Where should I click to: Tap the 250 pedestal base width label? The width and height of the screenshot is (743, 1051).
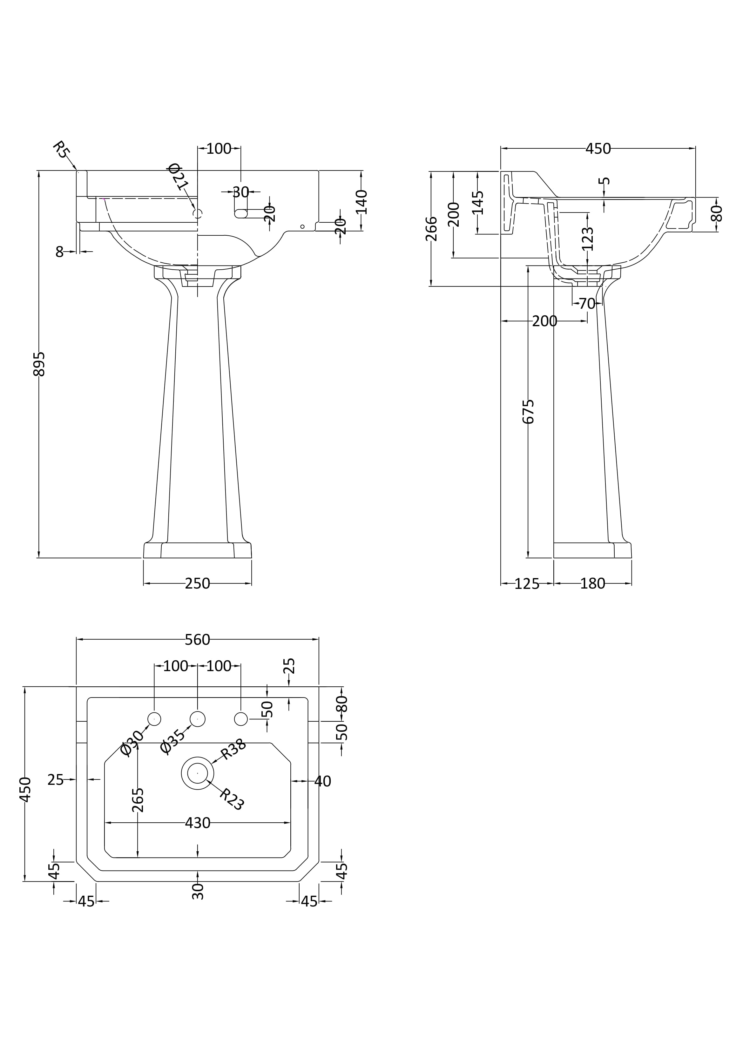click(197, 584)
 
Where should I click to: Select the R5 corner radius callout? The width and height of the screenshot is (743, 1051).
click(60, 150)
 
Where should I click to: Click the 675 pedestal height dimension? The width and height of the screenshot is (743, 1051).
click(528, 411)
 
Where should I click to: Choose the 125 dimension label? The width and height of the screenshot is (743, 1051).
click(527, 584)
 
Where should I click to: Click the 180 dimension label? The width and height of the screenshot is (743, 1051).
click(592, 584)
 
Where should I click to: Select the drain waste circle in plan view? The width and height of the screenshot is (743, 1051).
click(197, 773)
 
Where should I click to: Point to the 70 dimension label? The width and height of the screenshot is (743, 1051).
click(587, 304)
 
